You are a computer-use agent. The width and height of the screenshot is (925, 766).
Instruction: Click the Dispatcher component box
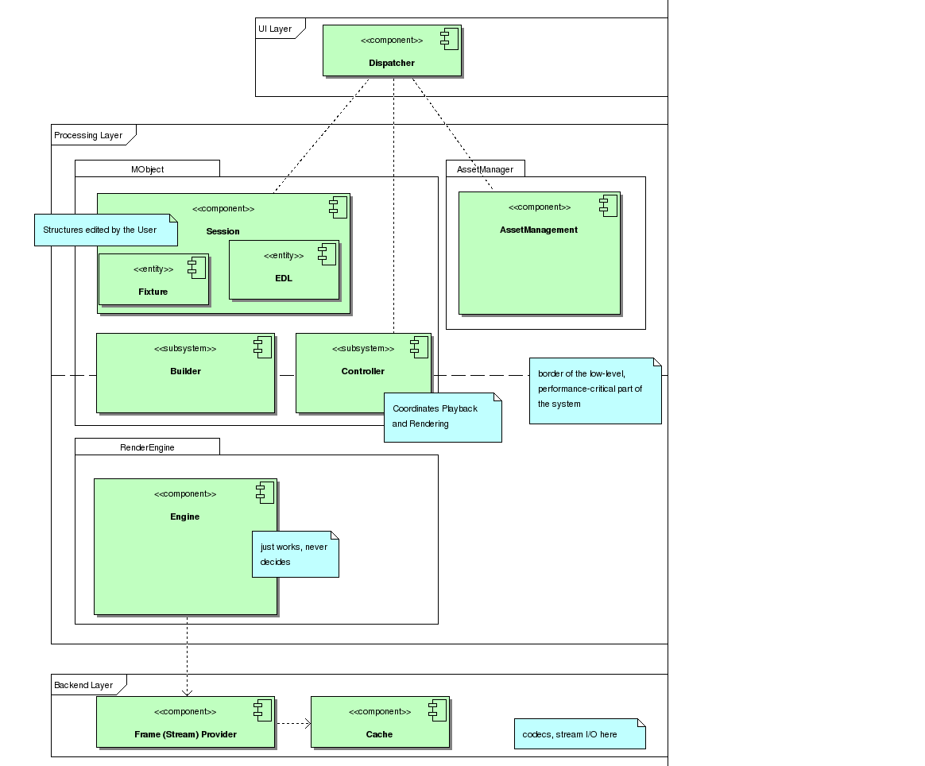[392, 52]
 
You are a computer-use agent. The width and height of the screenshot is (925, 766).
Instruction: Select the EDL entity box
[284, 270]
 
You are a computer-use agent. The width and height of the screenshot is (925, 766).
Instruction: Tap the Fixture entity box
[153, 280]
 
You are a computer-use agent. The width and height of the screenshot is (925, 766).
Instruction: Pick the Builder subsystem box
[185, 373]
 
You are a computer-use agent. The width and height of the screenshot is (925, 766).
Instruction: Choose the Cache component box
[379, 722]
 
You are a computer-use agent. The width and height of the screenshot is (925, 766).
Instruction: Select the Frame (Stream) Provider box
[185, 722]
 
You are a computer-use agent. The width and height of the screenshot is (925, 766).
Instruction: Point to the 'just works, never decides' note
[295, 554]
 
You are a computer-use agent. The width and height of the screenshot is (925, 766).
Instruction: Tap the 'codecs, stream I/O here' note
[579, 734]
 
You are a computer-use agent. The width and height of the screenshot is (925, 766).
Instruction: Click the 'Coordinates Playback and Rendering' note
[443, 417]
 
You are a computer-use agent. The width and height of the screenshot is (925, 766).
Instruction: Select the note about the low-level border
[595, 390]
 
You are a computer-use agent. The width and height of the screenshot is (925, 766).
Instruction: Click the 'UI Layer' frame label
[276, 29]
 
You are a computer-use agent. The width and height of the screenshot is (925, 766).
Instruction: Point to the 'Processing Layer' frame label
[89, 135]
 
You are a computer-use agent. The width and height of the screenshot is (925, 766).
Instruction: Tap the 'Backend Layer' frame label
[84, 685]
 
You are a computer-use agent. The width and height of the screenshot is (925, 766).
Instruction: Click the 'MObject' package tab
[147, 168]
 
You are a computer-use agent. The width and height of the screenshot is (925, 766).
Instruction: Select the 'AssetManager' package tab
[485, 168]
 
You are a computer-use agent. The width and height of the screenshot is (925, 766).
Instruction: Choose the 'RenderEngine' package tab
[147, 447]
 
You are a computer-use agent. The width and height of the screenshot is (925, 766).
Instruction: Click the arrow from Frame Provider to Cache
[293, 723]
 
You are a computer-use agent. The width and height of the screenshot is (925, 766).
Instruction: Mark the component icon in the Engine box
[265, 493]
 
